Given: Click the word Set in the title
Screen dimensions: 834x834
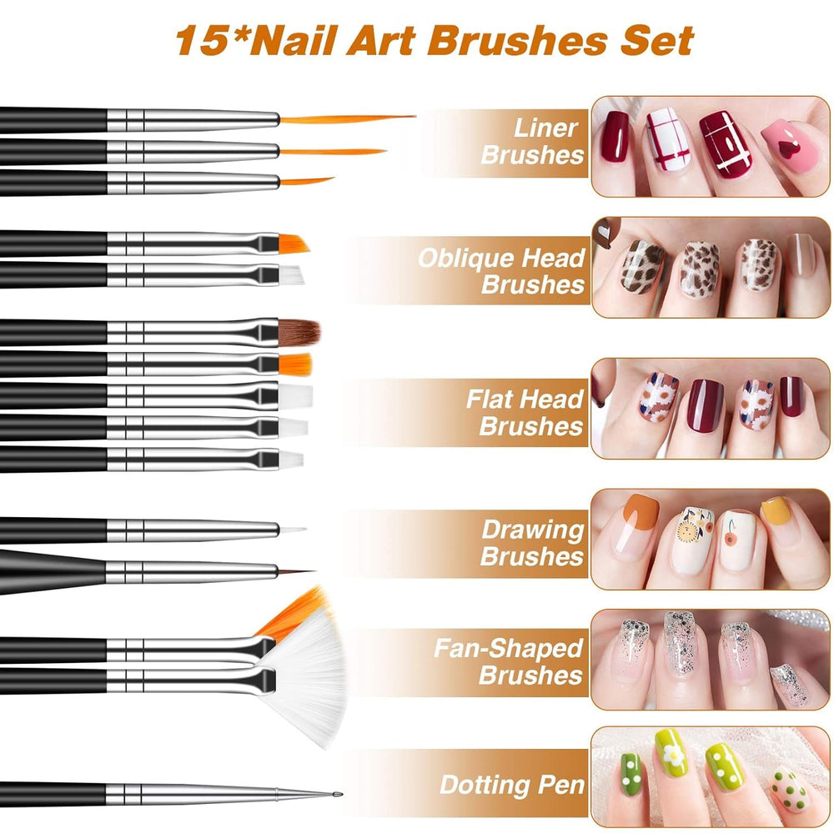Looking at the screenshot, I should [x=659, y=39].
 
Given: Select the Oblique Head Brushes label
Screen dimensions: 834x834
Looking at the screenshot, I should [x=501, y=270].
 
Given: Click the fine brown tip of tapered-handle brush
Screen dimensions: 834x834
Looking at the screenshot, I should [x=296, y=572].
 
